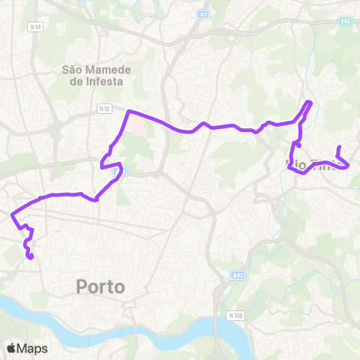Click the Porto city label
[x=100, y=286]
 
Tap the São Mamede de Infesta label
[x=97, y=75]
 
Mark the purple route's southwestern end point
[x=31, y=257]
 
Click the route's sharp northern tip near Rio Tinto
[x=309, y=102]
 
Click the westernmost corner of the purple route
[x=12, y=214]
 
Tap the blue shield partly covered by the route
[x=116, y=172]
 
